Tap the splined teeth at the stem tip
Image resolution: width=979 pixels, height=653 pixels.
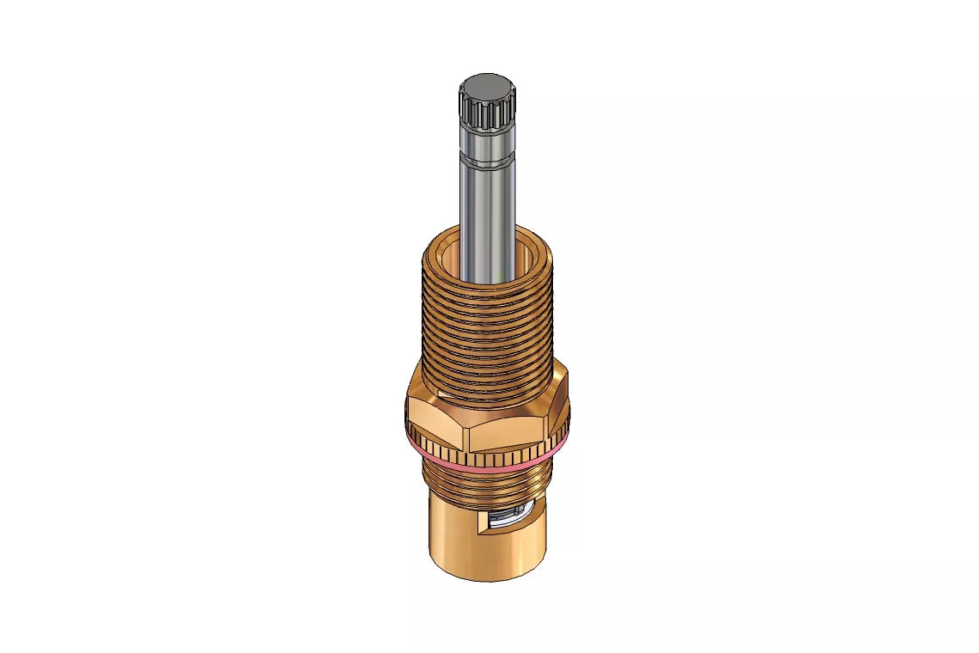coord(486,114)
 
